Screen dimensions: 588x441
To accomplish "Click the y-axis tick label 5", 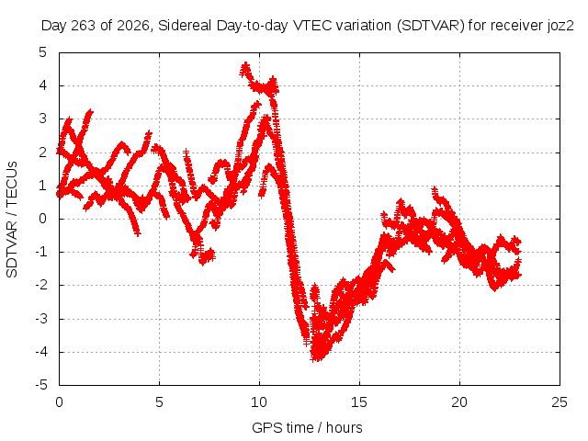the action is pyautogui.click(x=43, y=52).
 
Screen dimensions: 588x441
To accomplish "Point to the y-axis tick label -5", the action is pyautogui.click(x=41, y=385).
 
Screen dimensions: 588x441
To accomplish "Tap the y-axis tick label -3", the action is pyautogui.click(x=41, y=319).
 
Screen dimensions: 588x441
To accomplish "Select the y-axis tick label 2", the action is pyautogui.click(x=43, y=153).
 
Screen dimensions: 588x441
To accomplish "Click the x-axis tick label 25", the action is pyautogui.click(x=560, y=402).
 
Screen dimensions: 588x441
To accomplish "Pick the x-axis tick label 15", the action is pyautogui.click(x=359, y=402).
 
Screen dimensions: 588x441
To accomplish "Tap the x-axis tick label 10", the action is pyautogui.click(x=259, y=402).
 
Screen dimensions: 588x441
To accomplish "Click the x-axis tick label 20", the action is pyautogui.click(x=459, y=402).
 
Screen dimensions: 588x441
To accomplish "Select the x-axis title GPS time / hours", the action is pyautogui.click(x=307, y=427).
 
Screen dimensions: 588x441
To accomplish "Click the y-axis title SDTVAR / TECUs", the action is pyautogui.click(x=12, y=220).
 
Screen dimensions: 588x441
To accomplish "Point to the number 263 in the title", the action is pyautogui.click(x=84, y=26).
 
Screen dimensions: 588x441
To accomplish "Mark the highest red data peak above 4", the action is pyautogui.click(x=245, y=65).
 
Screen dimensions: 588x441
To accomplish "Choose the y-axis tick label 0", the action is pyautogui.click(x=43, y=219).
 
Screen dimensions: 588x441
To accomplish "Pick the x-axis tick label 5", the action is pyautogui.click(x=159, y=402).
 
